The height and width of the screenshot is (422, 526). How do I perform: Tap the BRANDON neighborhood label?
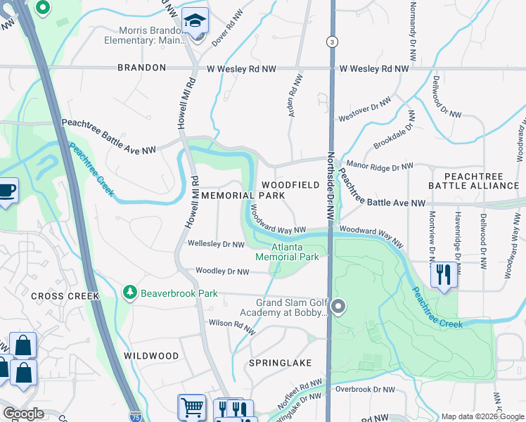(141, 68)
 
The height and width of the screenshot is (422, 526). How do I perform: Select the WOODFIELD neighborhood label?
(290, 184)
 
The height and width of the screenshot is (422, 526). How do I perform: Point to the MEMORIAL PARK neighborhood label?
(243, 195)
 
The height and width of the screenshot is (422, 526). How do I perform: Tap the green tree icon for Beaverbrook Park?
(129, 291)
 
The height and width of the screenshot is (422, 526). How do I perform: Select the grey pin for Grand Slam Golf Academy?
(338, 306)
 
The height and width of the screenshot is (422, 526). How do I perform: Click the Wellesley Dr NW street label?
(216, 244)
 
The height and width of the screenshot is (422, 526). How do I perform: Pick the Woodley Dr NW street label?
(222, 271)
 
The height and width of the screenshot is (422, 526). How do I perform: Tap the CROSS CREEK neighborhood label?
(65, 296)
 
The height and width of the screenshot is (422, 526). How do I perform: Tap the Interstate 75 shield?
(134, 416)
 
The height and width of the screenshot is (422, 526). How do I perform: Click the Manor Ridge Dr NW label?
(379, 167)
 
